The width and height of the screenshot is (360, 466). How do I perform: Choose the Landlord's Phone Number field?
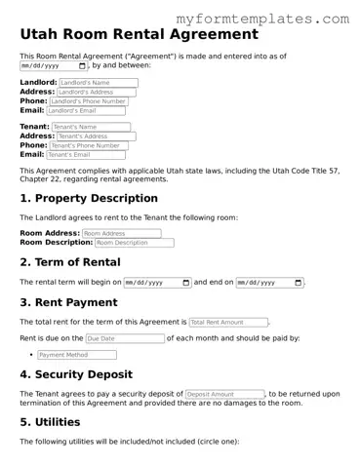[x=89, y=101]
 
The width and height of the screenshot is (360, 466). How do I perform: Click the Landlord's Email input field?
[x=85, y=110]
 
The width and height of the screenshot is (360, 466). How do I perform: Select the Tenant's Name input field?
[x=90, y=127]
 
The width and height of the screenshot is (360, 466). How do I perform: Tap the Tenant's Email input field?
[x=86, y=154]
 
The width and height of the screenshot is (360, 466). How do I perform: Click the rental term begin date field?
[x=157, y=283]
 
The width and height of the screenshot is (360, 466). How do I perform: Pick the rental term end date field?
[x=269, y=283]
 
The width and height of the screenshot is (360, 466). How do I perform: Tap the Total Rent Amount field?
[x=228, y=322]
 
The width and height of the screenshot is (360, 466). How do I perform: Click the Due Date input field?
[x=125, y=338]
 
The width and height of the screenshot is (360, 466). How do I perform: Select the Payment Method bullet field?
[x=76, y=355]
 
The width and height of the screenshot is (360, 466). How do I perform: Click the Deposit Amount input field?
[x=223, y=394]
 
